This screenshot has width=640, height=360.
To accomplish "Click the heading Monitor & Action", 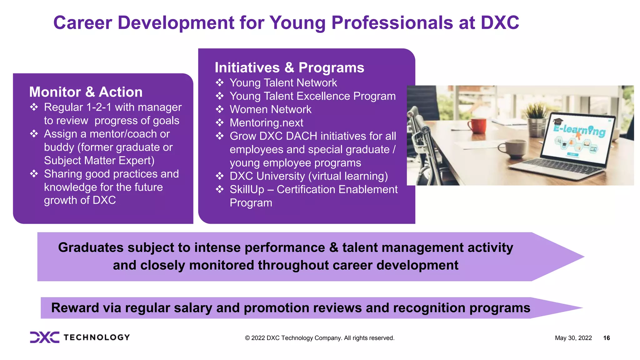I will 86,92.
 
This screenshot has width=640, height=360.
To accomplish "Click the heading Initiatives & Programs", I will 289,68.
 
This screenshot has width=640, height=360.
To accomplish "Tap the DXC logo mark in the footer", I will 44,337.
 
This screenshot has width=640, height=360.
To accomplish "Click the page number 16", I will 606,338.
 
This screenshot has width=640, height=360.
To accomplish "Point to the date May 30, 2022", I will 573,338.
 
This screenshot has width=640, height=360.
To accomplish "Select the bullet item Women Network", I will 270,109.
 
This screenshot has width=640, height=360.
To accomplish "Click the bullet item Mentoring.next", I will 266,123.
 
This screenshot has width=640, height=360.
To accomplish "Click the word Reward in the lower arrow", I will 75,308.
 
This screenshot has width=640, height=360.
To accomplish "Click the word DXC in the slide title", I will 500,23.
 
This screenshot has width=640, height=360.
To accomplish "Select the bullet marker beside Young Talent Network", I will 220,83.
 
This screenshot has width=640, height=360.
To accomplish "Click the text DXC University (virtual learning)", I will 308,176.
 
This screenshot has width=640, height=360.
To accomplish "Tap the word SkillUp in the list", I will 247,190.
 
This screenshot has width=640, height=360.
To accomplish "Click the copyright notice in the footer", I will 319,338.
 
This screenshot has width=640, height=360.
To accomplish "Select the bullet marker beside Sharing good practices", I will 34,174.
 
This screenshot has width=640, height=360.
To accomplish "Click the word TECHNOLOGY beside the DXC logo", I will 97,337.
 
